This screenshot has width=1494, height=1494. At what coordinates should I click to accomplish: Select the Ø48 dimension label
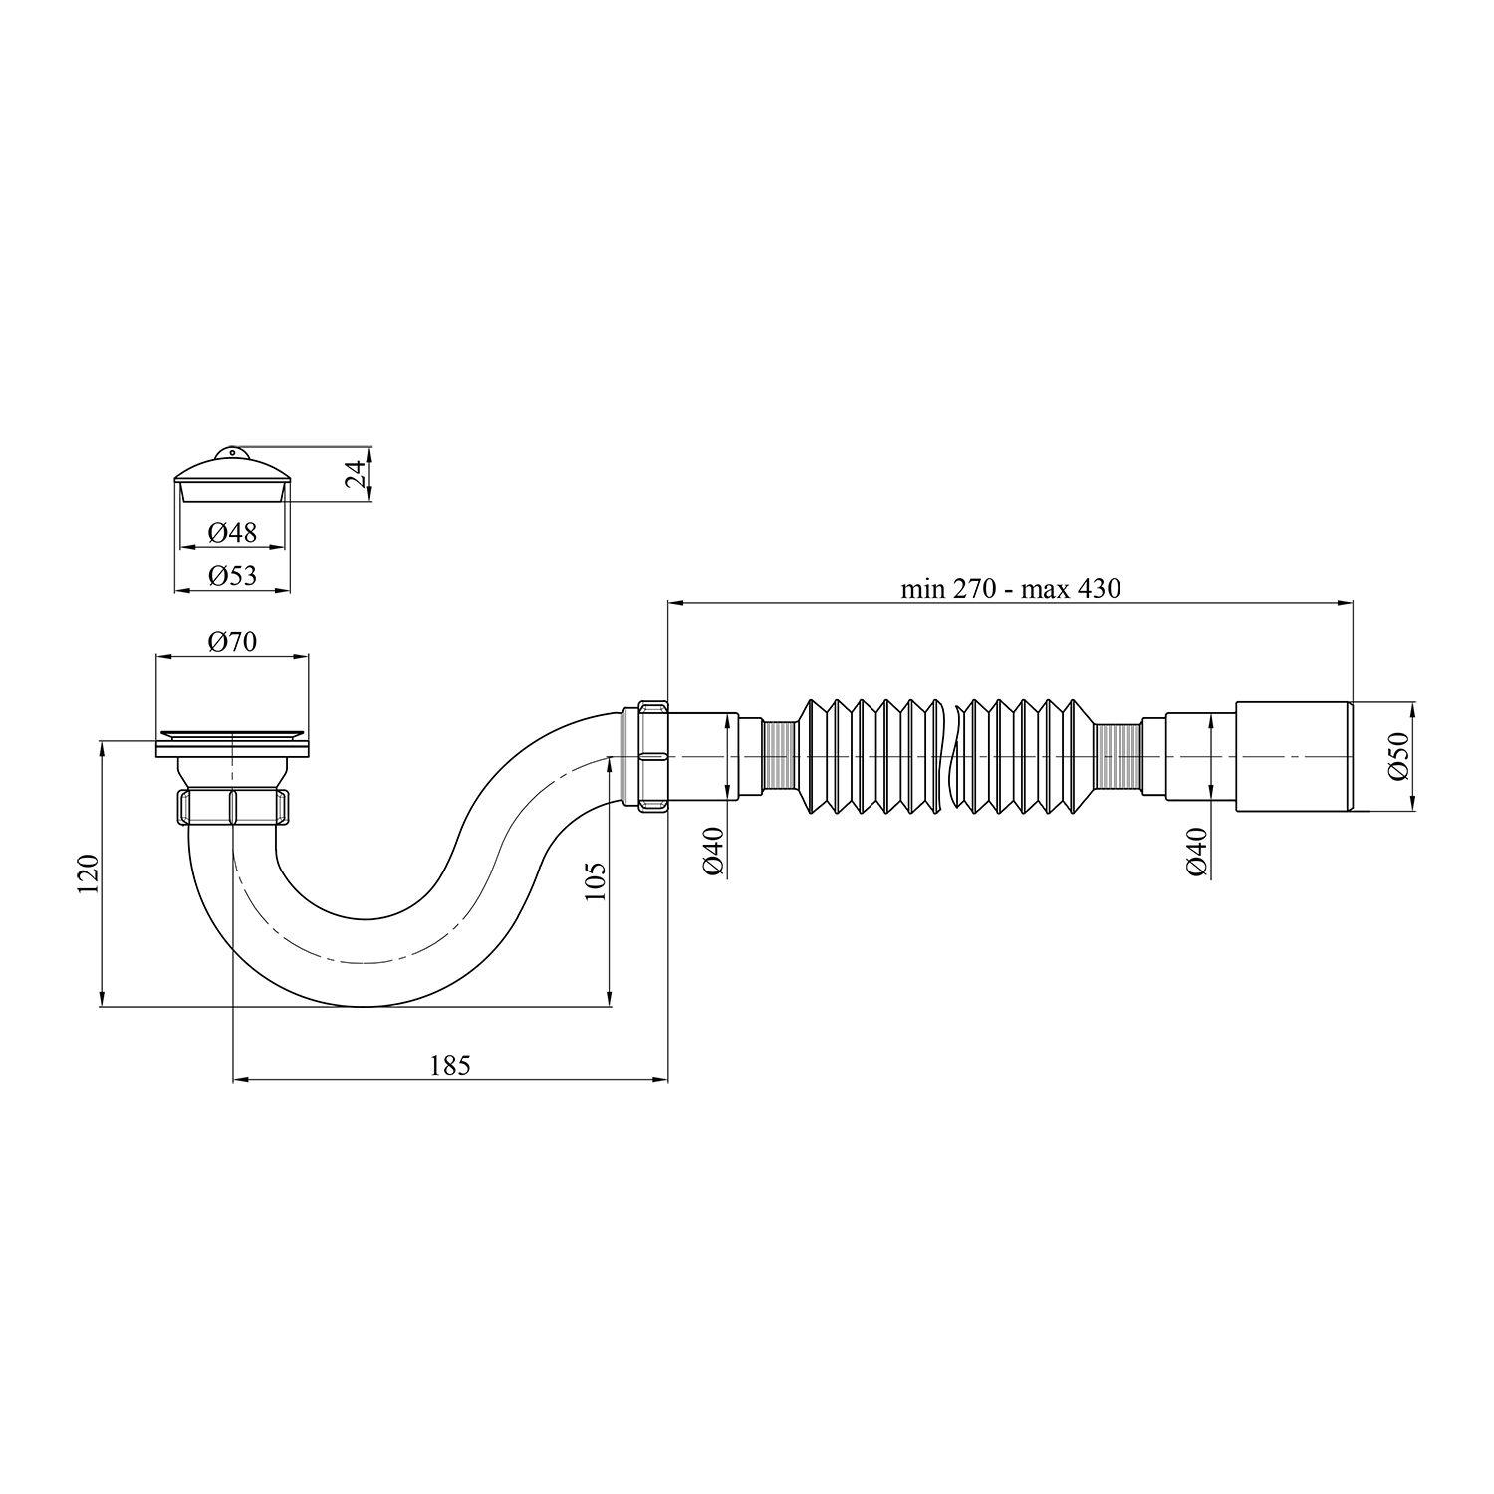(232, 533)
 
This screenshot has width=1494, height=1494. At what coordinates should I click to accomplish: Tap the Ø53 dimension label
(232, 576)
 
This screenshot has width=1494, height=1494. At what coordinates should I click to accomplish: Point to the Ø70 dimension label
(232, 642)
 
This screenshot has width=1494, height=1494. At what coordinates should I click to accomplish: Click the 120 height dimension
(89, 873)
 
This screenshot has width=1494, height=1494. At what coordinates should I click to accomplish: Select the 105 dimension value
(595, 880)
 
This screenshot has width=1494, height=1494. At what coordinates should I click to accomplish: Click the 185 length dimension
(449, 1064)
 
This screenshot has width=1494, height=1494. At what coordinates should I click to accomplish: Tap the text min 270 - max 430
(1010, 589)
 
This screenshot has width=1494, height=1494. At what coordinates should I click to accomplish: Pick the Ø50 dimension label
(1400, 756)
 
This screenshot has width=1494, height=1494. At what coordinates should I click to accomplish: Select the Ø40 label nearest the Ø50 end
(1196, 853)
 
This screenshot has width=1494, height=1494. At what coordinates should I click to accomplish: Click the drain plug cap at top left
(232, 478)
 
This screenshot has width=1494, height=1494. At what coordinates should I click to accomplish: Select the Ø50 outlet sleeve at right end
(1293, 756)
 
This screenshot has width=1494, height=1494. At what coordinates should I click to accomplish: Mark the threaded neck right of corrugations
(1116, 756)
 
